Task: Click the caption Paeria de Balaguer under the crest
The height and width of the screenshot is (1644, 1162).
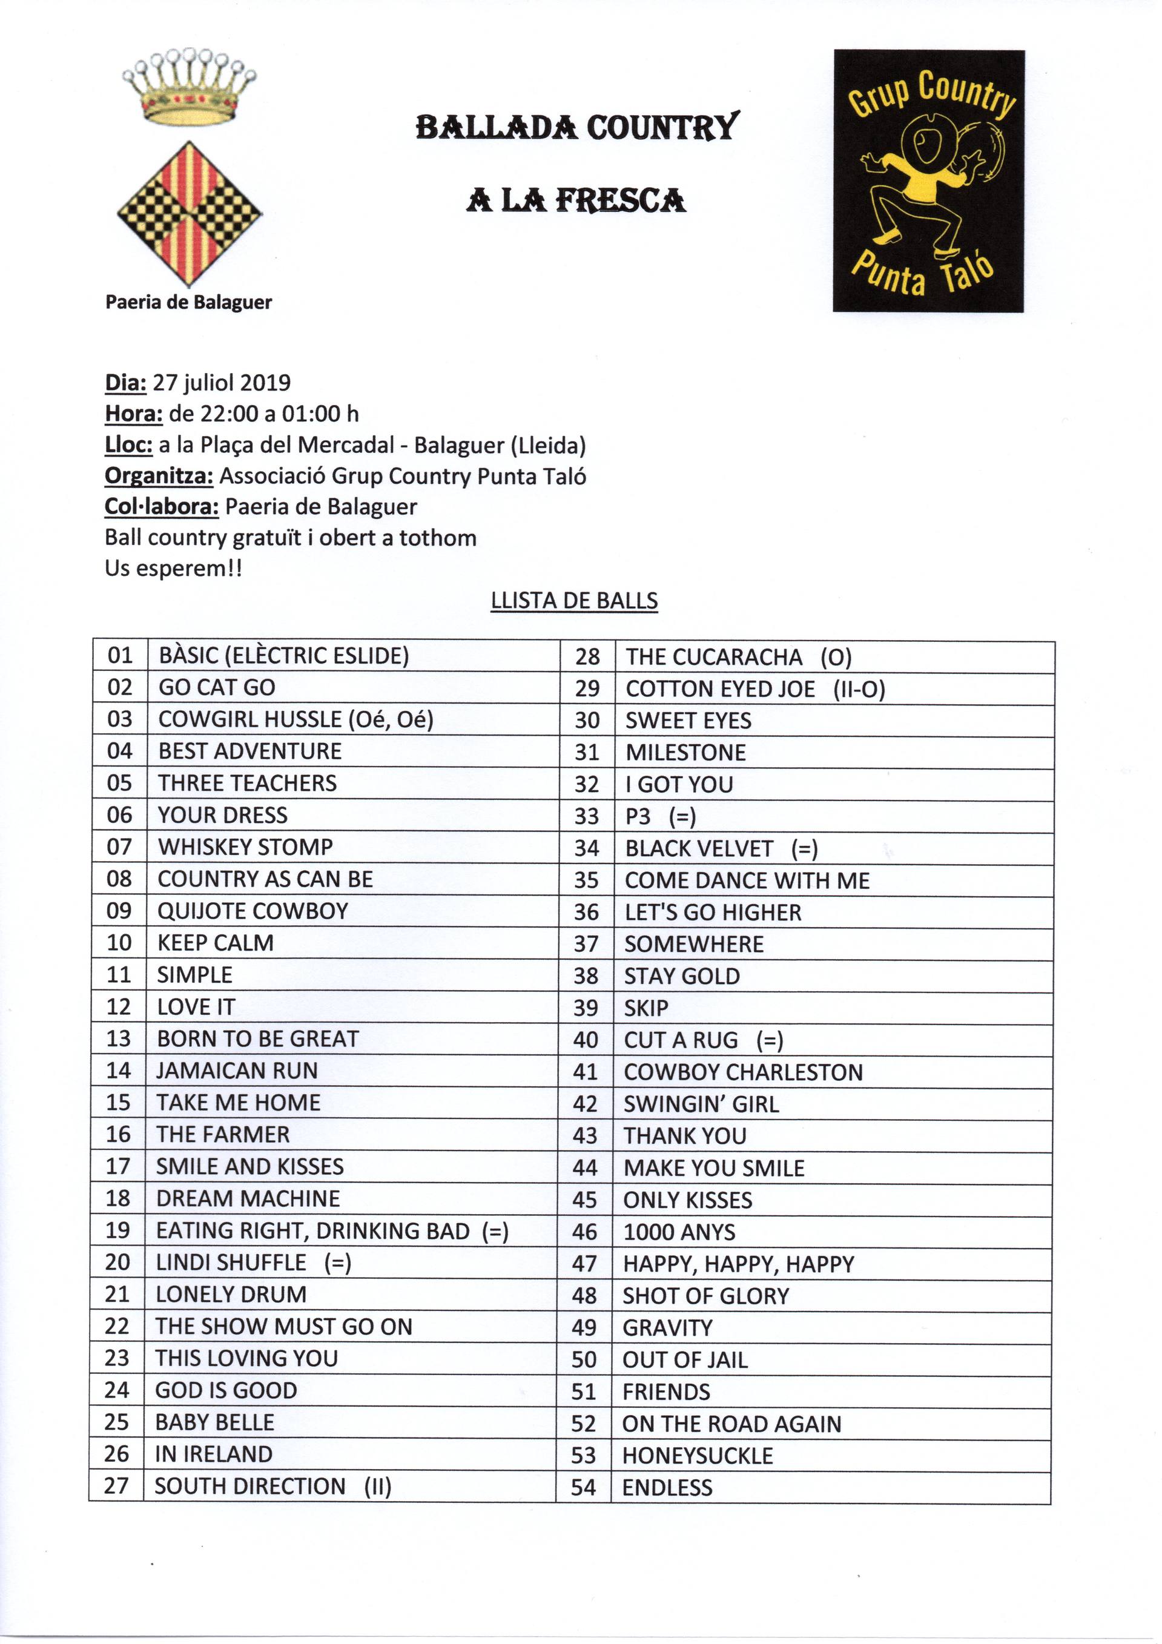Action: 188,302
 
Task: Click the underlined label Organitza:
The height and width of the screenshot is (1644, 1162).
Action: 159,476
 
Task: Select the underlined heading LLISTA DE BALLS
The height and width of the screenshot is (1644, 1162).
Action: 574,601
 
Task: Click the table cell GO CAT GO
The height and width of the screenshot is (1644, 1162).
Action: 217,687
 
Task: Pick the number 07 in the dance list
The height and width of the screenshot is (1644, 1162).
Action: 119,847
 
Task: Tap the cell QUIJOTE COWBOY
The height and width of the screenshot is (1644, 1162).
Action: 253,911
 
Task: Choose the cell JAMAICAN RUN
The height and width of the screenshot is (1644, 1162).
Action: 237,1071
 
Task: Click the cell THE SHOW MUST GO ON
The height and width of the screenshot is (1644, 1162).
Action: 284,1327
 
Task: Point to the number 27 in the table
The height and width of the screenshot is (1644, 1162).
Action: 116,1487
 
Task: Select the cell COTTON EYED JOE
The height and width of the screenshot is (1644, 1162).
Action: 719,689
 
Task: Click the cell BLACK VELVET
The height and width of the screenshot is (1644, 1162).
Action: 699,848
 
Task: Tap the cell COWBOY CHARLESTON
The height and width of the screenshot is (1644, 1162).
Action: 743,1072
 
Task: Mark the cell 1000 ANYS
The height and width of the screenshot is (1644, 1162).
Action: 679,1232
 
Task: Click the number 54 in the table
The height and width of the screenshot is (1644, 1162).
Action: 584,1488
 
